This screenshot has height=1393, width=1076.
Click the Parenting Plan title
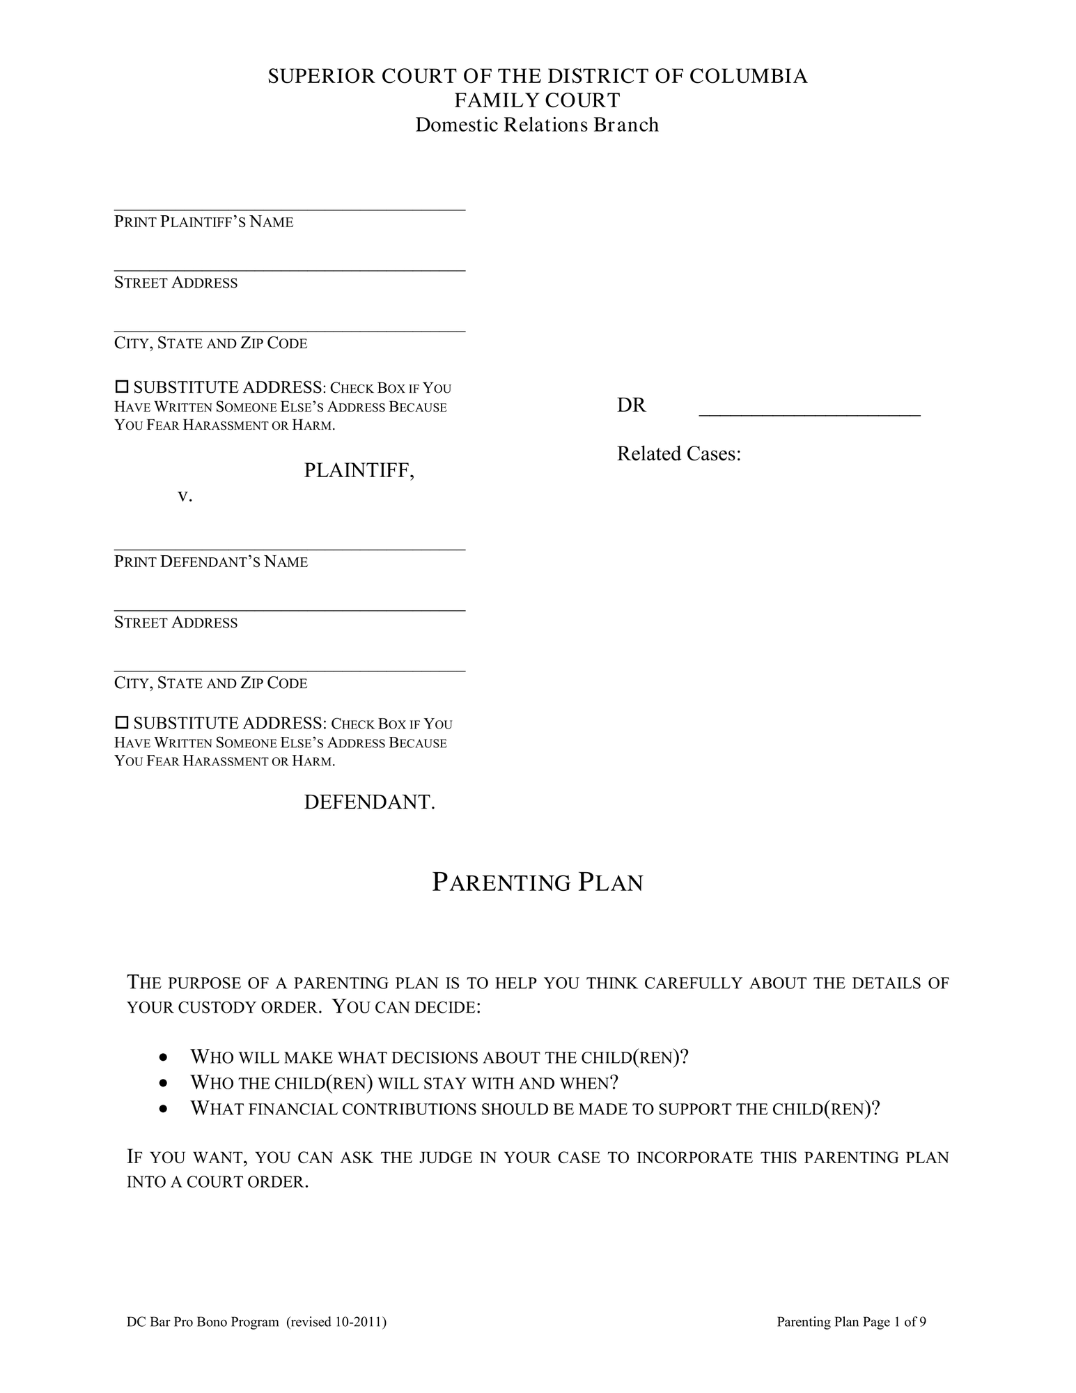click(537, 882)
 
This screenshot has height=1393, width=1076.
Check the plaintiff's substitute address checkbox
click(122, 386)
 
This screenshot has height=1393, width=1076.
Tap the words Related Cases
click(678, 454)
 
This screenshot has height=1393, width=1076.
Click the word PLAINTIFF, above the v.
click(359, 471)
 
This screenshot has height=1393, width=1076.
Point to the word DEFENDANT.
click(369, 802)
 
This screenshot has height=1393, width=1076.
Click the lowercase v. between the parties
click(185, 496)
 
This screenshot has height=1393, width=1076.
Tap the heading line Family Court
click(537, 100)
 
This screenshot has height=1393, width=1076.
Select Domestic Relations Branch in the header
click(537, 125)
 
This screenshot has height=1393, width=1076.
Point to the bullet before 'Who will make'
click(163, 1058)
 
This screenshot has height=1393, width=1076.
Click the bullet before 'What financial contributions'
click(163, 1109)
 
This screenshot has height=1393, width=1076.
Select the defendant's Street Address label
click(176, 623)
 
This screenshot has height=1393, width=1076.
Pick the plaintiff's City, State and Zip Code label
click(210, 343)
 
